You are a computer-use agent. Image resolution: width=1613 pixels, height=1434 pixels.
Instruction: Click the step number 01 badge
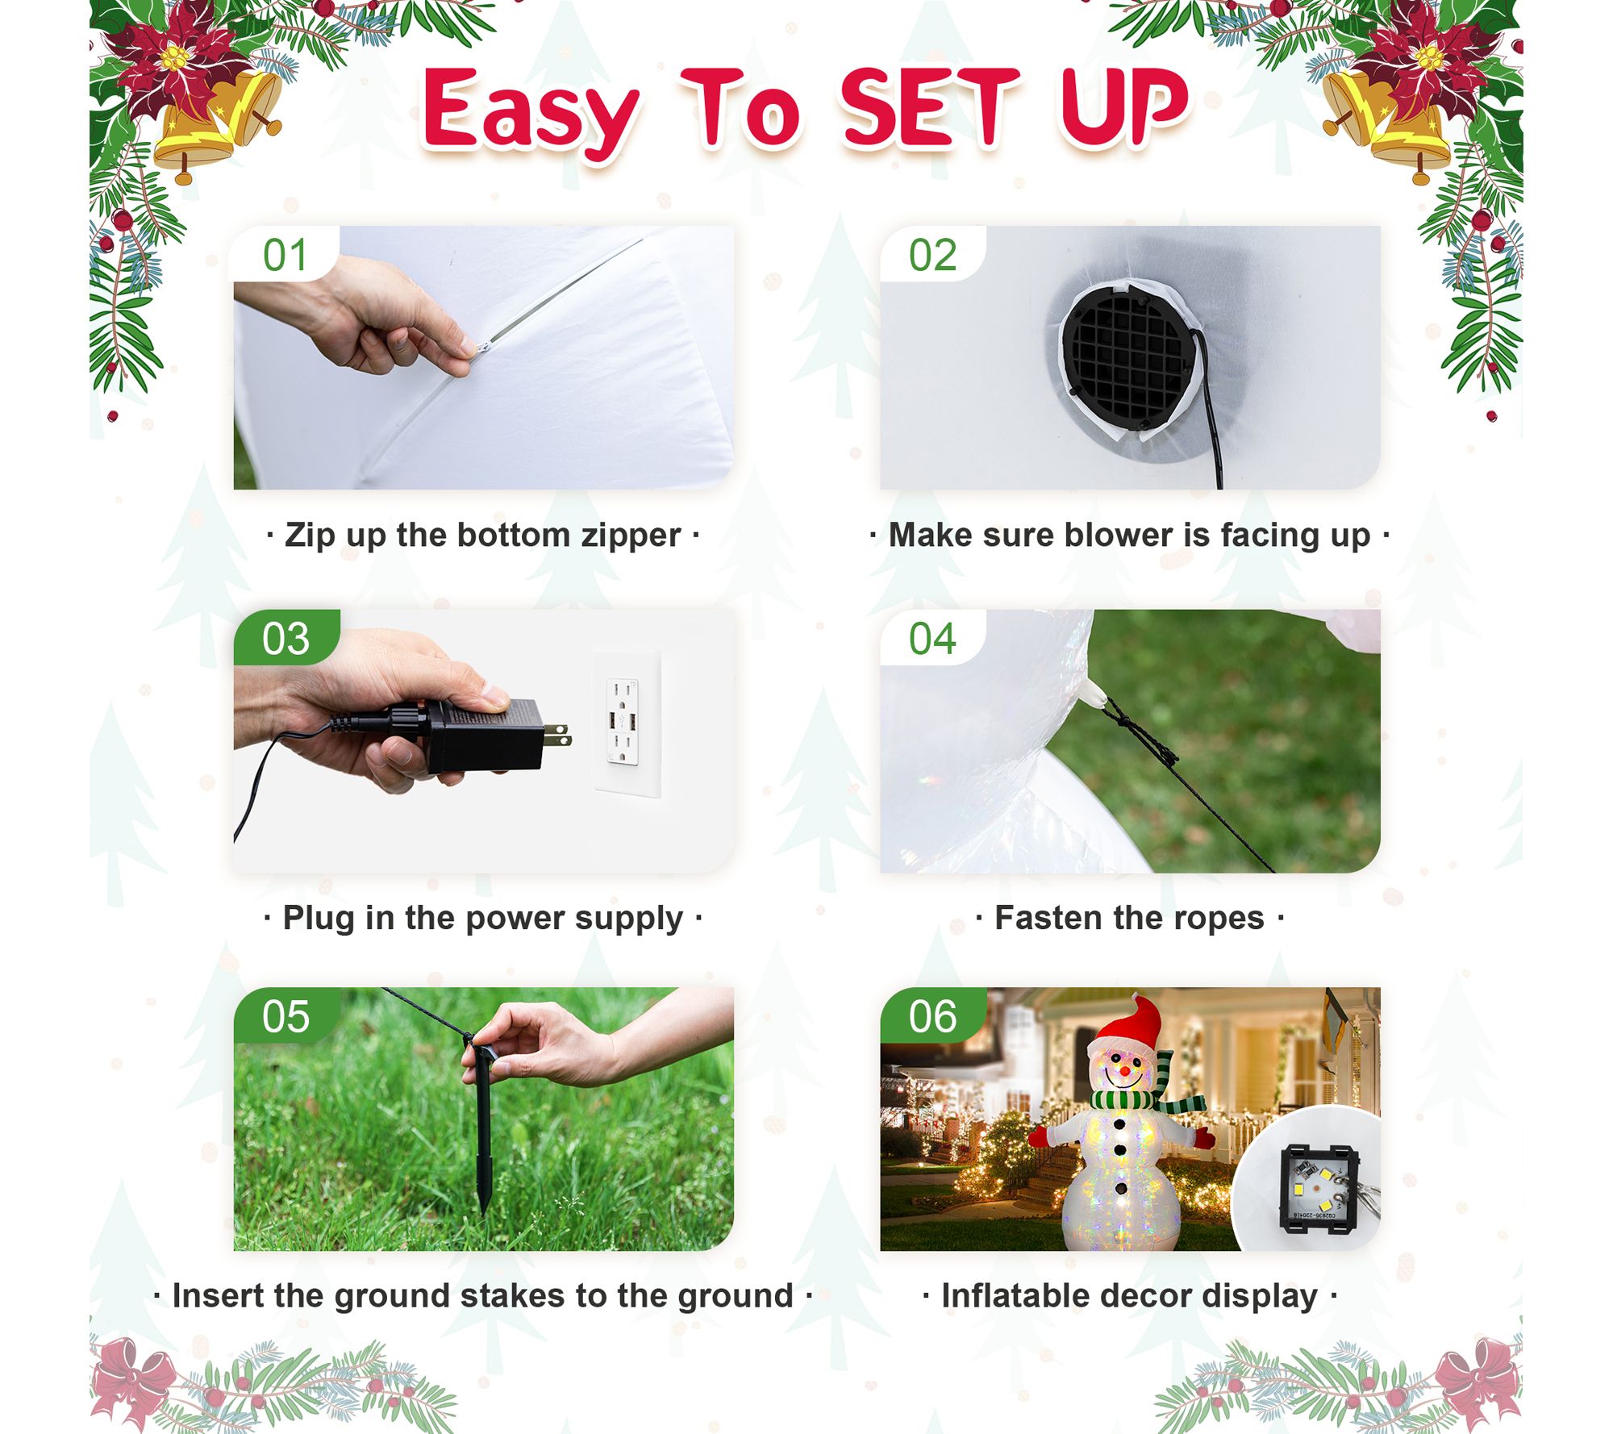(x=286, y=254)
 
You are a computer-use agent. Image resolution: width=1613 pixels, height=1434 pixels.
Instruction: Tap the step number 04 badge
(x=932, y=638)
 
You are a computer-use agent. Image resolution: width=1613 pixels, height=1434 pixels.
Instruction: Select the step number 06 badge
(x=932, y=1016)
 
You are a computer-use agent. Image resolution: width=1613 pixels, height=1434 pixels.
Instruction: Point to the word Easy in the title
(x=531, y=113)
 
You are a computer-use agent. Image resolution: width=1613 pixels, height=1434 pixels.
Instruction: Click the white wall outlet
(x=627, y=723)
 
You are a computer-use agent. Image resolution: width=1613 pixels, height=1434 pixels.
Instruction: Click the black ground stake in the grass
(x=481, y=1129)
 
